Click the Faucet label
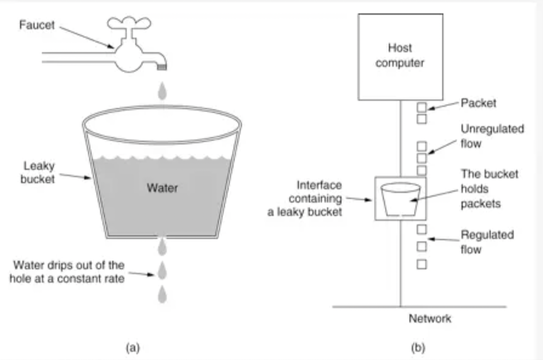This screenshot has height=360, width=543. coord(36,25)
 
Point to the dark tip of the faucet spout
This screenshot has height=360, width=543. coord(162,67)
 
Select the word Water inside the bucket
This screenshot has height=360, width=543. coord(162,187)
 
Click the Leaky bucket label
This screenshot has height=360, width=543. coord(36,172)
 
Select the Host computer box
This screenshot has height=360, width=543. coord(400,57)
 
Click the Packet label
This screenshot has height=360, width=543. coord(478,103)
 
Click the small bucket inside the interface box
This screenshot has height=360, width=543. coord(400,199)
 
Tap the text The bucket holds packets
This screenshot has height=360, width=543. coord(489,189)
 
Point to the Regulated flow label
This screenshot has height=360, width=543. coord(487,242)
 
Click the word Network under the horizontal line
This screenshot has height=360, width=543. coord(429,319)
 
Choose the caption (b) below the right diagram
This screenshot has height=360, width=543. coord(418,348)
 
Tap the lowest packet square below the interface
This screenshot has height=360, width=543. coord(422,264)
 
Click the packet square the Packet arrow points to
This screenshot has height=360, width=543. coord(422,108)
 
